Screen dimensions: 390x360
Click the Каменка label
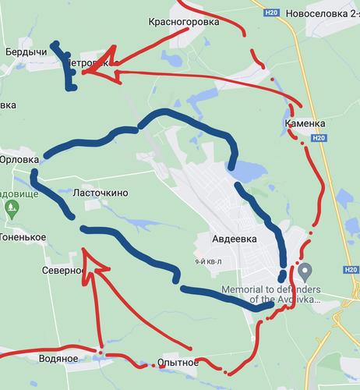click(305, 123)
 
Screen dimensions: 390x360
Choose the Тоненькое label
click(23, 237)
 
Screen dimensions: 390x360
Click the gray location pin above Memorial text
click(306, 271)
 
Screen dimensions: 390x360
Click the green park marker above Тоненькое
click(11, 208)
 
